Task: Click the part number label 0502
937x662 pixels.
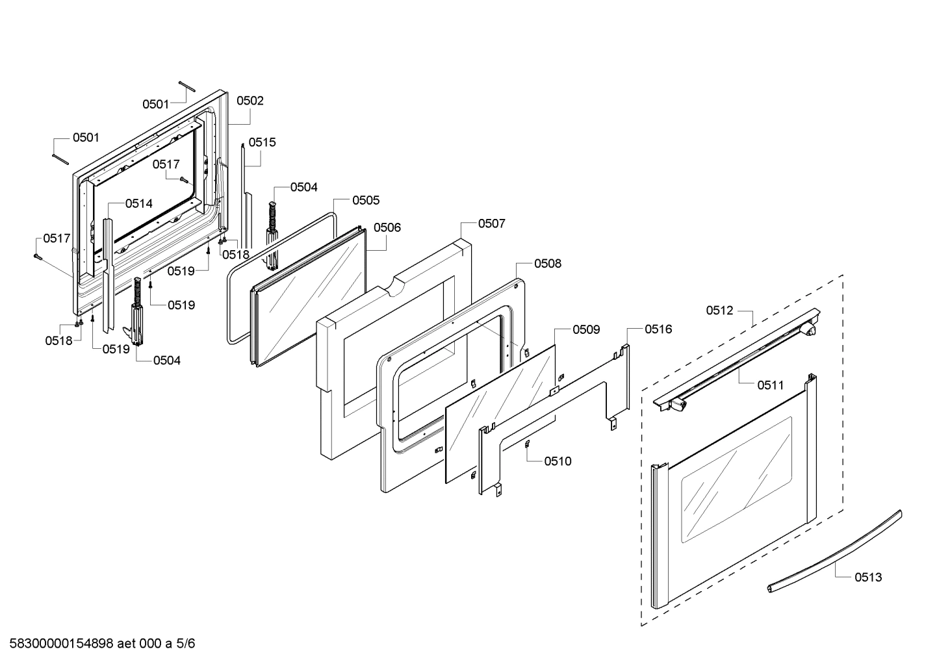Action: pos(250,101)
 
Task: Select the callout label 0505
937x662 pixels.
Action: pos(366,201)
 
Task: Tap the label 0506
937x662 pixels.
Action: pos(387,227)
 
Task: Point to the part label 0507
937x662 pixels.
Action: pos(491,223)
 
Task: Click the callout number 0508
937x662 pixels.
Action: pos(548,264)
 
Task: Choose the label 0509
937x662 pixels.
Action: pos(586,330)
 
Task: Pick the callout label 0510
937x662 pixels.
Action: pos(558,461)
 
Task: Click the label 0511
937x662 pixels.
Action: pos(770,385)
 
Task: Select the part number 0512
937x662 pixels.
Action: pos(720,311)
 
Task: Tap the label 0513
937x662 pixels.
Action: pos(868,577)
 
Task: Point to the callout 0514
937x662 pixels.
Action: pos(139,203)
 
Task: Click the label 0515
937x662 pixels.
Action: pos(262,142)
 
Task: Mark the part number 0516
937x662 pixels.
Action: pos(658,329)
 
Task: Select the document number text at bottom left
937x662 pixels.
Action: pos(98,644)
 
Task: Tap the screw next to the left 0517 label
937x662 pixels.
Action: pos(37,256)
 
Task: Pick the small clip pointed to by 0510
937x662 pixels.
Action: pos(528,444)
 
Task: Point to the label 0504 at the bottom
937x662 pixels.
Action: pos(167,361)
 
